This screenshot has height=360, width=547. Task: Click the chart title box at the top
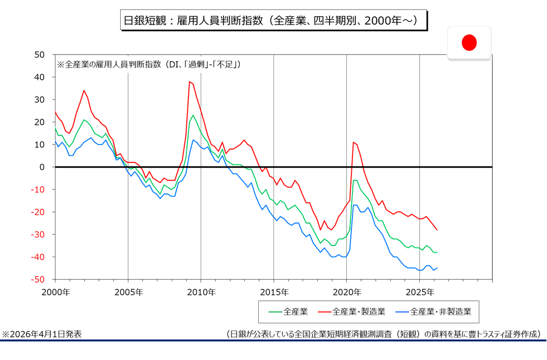[x=273, y=21]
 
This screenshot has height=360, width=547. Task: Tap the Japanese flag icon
[x=469, y=43]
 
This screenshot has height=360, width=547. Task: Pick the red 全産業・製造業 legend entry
[x=351, y=311]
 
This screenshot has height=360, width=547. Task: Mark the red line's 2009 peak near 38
[x=189, y=81]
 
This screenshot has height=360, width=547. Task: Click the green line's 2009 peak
[x=193, y=115]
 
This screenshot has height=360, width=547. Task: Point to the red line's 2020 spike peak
[x=353, y=142]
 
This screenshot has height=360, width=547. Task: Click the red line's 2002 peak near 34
[x=84, y=91]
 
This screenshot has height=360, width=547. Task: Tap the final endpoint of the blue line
[x=437, y=268]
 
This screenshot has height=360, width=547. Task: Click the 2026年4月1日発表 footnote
[x=42, y=334]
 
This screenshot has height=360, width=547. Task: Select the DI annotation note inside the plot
[x=148, y=65]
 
